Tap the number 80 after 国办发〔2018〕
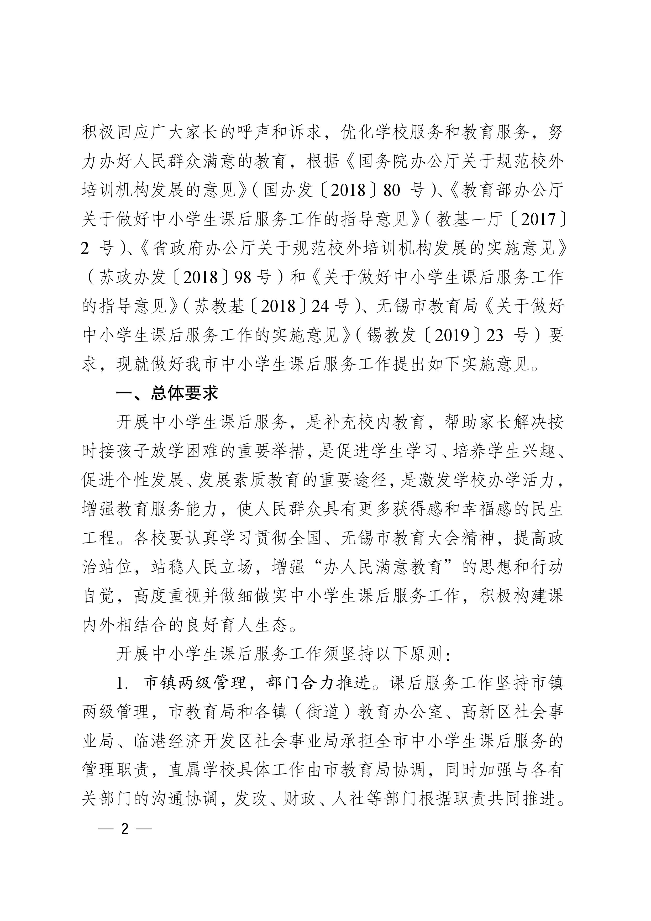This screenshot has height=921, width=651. tap(392, 190)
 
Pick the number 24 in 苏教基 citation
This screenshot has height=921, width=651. tap(321, 307)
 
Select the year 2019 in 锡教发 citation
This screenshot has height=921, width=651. tap(452, 335)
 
